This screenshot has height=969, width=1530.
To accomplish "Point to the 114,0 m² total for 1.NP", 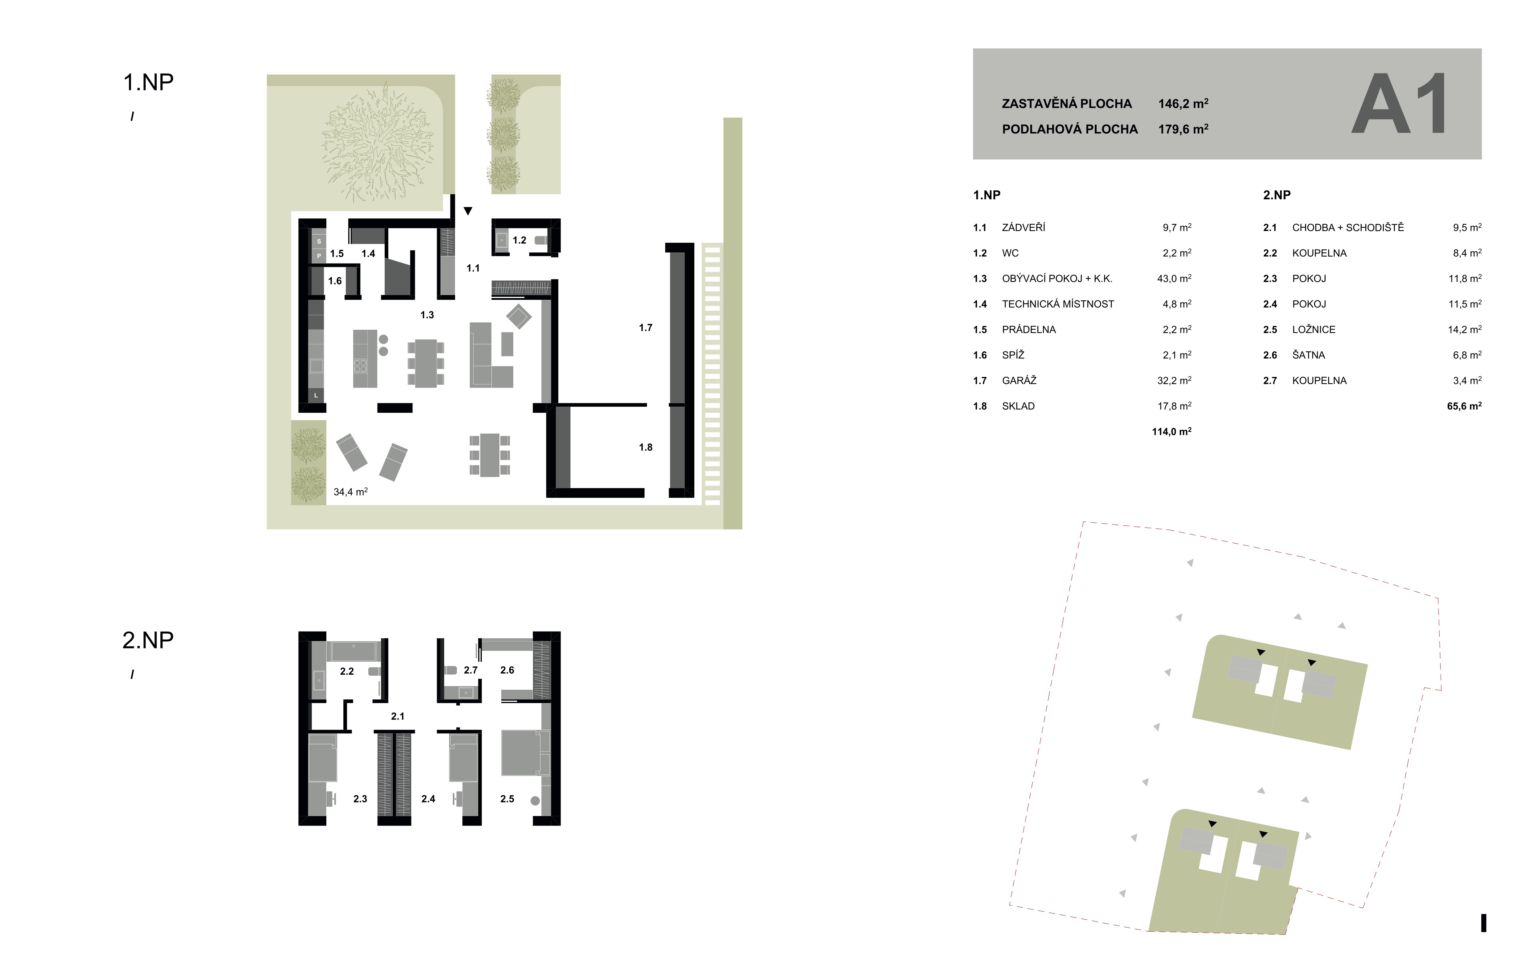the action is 1172,432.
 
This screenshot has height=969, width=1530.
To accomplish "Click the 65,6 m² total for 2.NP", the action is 1464,406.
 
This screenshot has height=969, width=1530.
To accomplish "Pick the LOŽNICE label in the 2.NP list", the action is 1314,330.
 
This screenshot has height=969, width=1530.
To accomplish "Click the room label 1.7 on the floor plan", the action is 646,328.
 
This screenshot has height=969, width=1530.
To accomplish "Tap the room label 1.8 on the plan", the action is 646,447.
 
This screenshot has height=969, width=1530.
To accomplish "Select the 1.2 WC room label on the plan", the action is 519,240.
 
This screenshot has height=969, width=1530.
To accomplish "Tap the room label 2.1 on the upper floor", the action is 398,716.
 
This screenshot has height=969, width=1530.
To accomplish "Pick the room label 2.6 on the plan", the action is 507,670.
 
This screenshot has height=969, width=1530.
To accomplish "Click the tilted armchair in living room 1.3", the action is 519,316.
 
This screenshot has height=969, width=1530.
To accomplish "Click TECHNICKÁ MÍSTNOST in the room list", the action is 1058,304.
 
